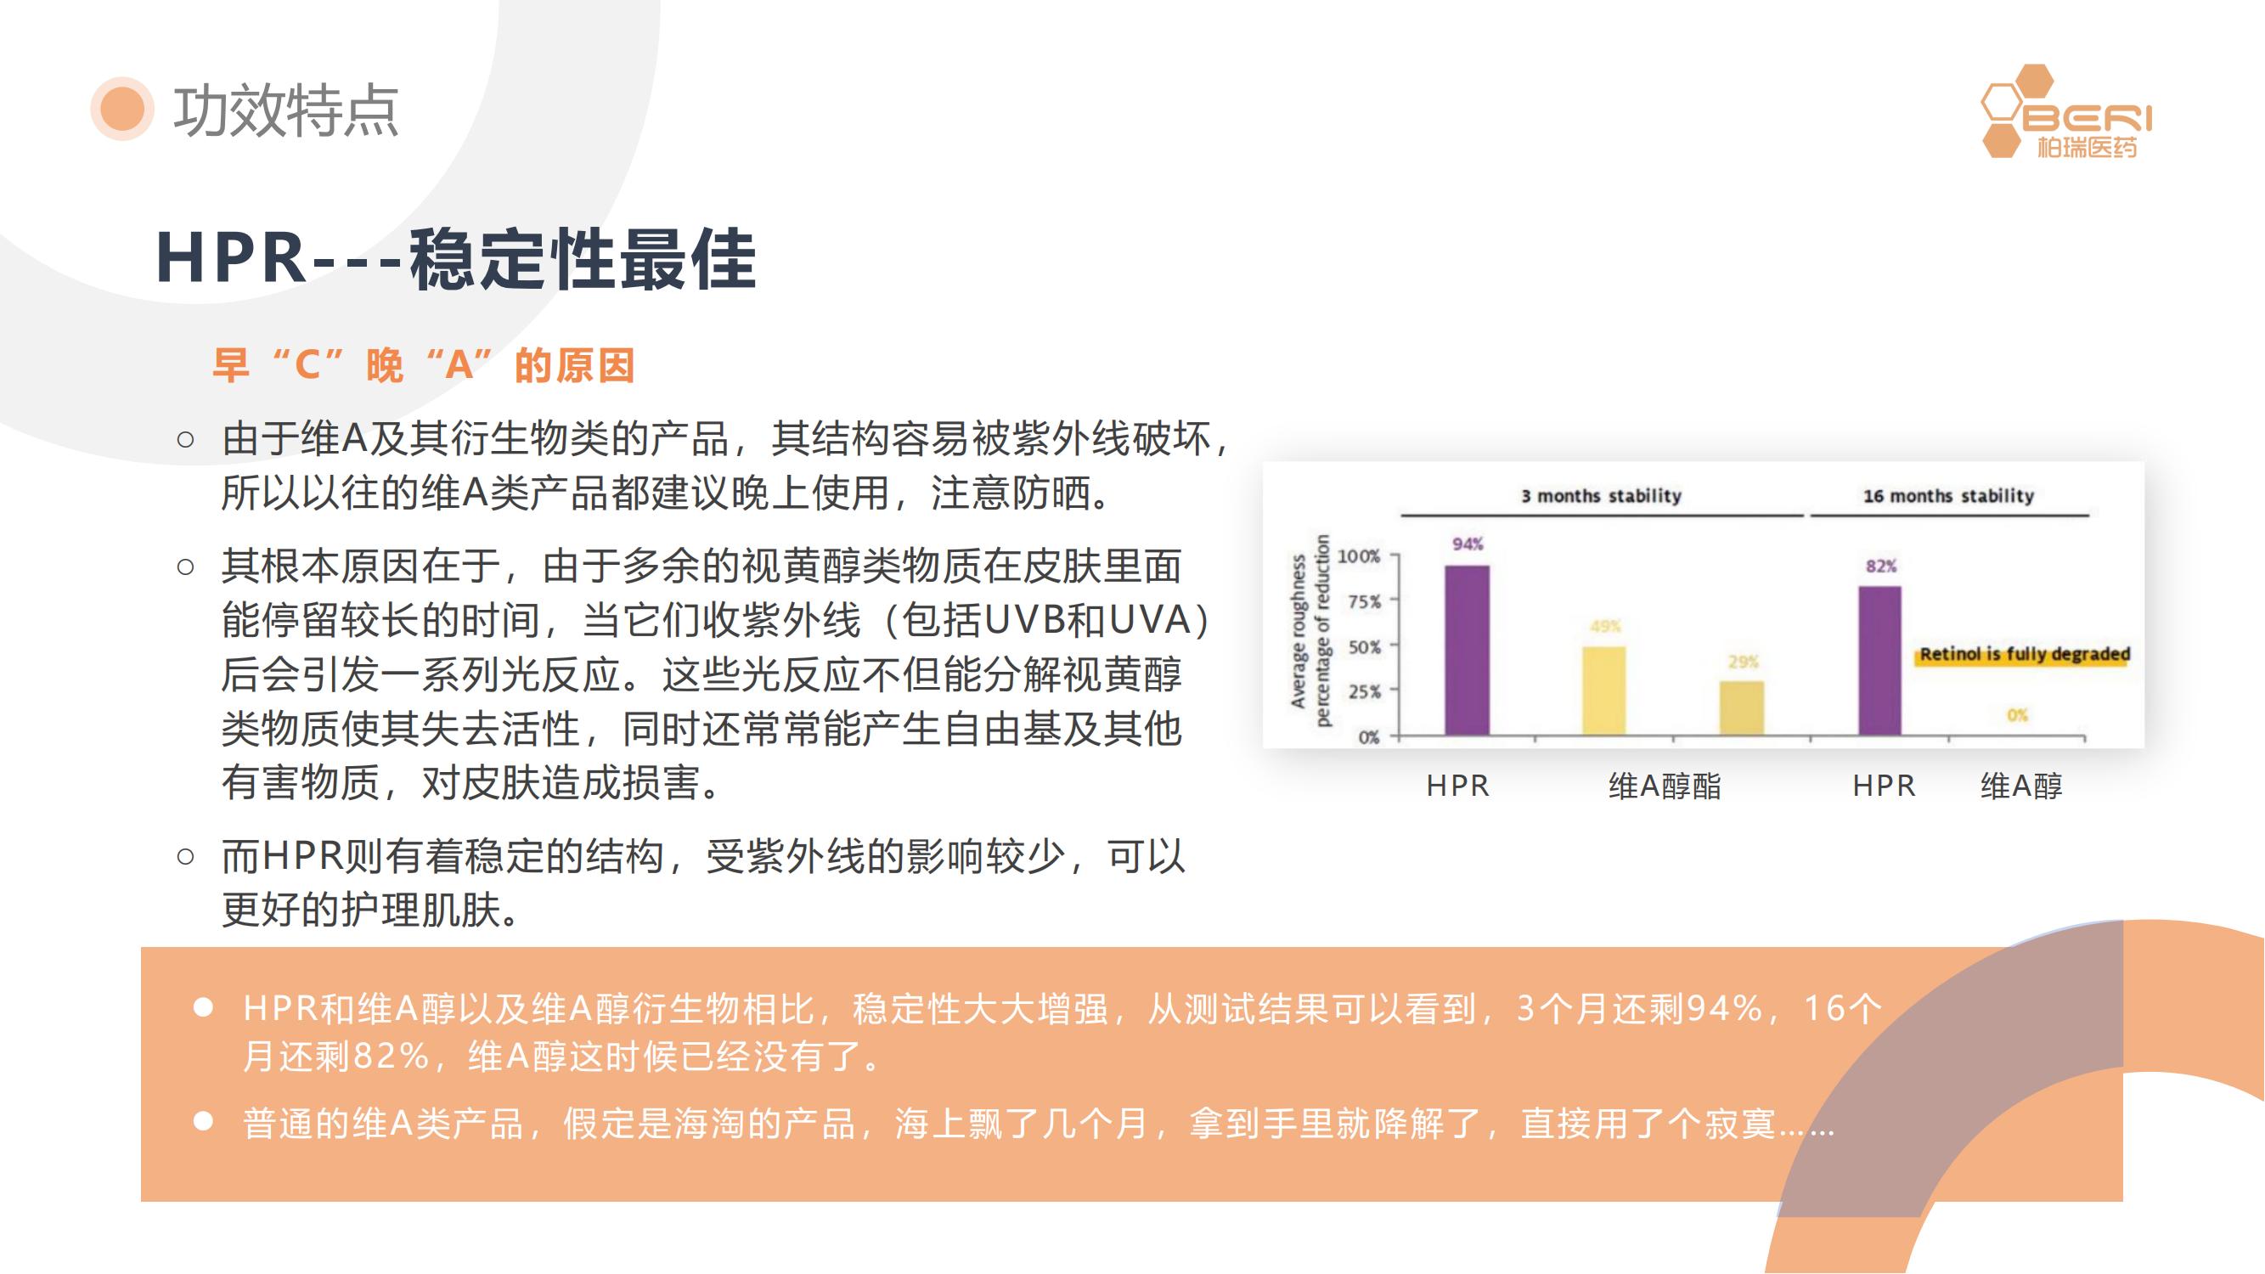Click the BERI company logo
2066,111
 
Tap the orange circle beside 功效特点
122,108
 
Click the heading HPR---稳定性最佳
455,258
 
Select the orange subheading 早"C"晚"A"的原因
424,365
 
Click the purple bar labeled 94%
1468,650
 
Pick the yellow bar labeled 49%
1604,691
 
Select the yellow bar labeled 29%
1742,707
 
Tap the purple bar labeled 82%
1880,660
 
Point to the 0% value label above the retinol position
2017,715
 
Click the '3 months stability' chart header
1601,496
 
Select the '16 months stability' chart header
1948,496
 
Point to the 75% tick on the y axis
1365,601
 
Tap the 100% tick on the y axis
1360,555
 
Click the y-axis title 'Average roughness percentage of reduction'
1310,630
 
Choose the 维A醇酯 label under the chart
1665,785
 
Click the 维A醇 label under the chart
2021,785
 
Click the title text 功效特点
285,110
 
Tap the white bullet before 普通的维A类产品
203,1121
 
